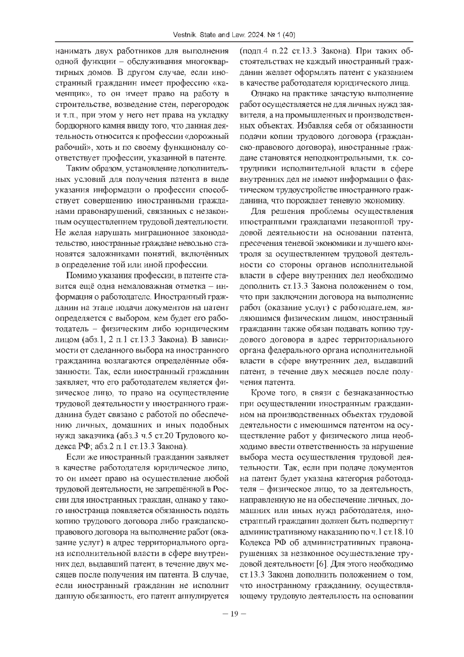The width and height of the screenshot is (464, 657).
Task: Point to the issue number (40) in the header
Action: click(289, 35)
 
